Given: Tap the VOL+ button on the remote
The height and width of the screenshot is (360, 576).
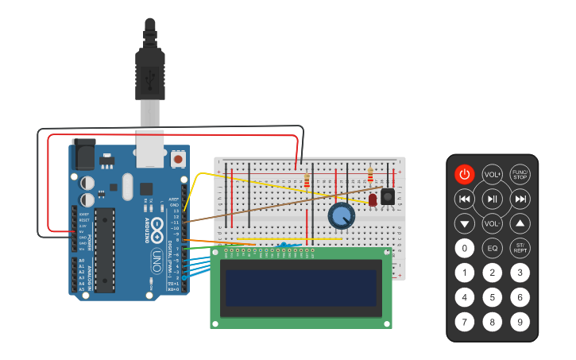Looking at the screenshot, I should pos(492,175).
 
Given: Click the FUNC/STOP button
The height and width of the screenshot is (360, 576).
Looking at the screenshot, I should pos(520,174).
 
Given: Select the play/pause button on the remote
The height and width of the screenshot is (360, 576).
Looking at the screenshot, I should pos(493,199).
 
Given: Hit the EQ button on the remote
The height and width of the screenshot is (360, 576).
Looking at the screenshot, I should pos(493,248).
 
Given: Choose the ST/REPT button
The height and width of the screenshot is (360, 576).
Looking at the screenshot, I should pos(520,248).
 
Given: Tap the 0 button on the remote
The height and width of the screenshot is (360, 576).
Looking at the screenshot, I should pos(465,248).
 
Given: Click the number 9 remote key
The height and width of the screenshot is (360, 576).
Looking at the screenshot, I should pos(520,322).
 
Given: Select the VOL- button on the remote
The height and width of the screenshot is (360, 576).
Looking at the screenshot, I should pos(493,223).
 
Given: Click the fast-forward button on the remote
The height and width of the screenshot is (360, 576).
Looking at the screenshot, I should pos(520,199).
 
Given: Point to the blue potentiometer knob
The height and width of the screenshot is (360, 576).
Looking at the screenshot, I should pos(341,215).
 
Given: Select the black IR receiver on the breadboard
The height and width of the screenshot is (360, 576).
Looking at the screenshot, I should pos(389,195).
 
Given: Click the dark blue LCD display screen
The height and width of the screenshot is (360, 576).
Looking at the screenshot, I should pos(300,287).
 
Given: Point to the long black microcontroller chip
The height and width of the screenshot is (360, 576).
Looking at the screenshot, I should pos(104,250).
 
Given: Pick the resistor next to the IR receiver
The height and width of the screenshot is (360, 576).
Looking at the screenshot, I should pos(370,174).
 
